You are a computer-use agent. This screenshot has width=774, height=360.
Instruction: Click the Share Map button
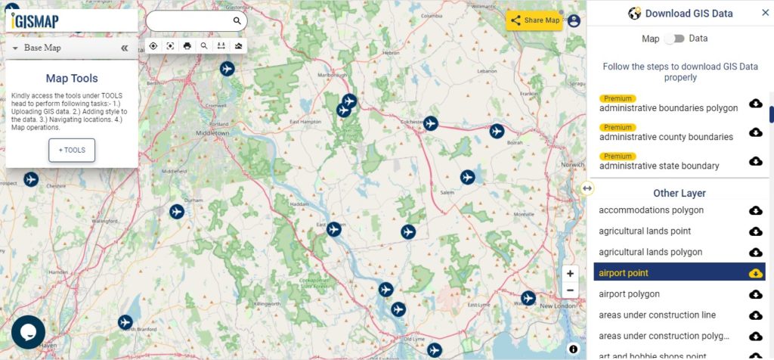point(534,20)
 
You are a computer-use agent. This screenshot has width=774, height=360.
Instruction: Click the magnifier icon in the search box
point(237,21)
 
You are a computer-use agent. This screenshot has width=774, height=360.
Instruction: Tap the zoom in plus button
point(570,274)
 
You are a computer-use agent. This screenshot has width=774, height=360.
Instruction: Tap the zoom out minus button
point(570,290)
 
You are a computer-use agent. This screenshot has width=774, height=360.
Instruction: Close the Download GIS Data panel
point(765,13)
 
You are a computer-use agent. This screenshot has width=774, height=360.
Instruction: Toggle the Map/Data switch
point(674,39)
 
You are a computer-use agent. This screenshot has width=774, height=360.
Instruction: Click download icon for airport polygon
point(755,294)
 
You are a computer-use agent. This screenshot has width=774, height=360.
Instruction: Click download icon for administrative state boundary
point(755,160)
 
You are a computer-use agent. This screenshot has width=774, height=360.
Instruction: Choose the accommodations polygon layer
point(652,210)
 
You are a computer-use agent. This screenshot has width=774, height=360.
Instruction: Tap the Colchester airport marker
point(431,123)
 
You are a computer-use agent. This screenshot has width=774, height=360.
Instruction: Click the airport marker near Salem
point(467,177)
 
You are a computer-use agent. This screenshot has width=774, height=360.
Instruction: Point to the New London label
point(559,306)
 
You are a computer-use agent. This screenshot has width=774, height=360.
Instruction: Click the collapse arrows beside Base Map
point(125,48)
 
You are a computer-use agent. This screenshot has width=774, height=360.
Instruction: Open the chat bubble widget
point(28,331)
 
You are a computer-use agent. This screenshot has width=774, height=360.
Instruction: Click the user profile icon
point(574,20)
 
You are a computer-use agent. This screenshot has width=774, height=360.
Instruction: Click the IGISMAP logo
point(36,20)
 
